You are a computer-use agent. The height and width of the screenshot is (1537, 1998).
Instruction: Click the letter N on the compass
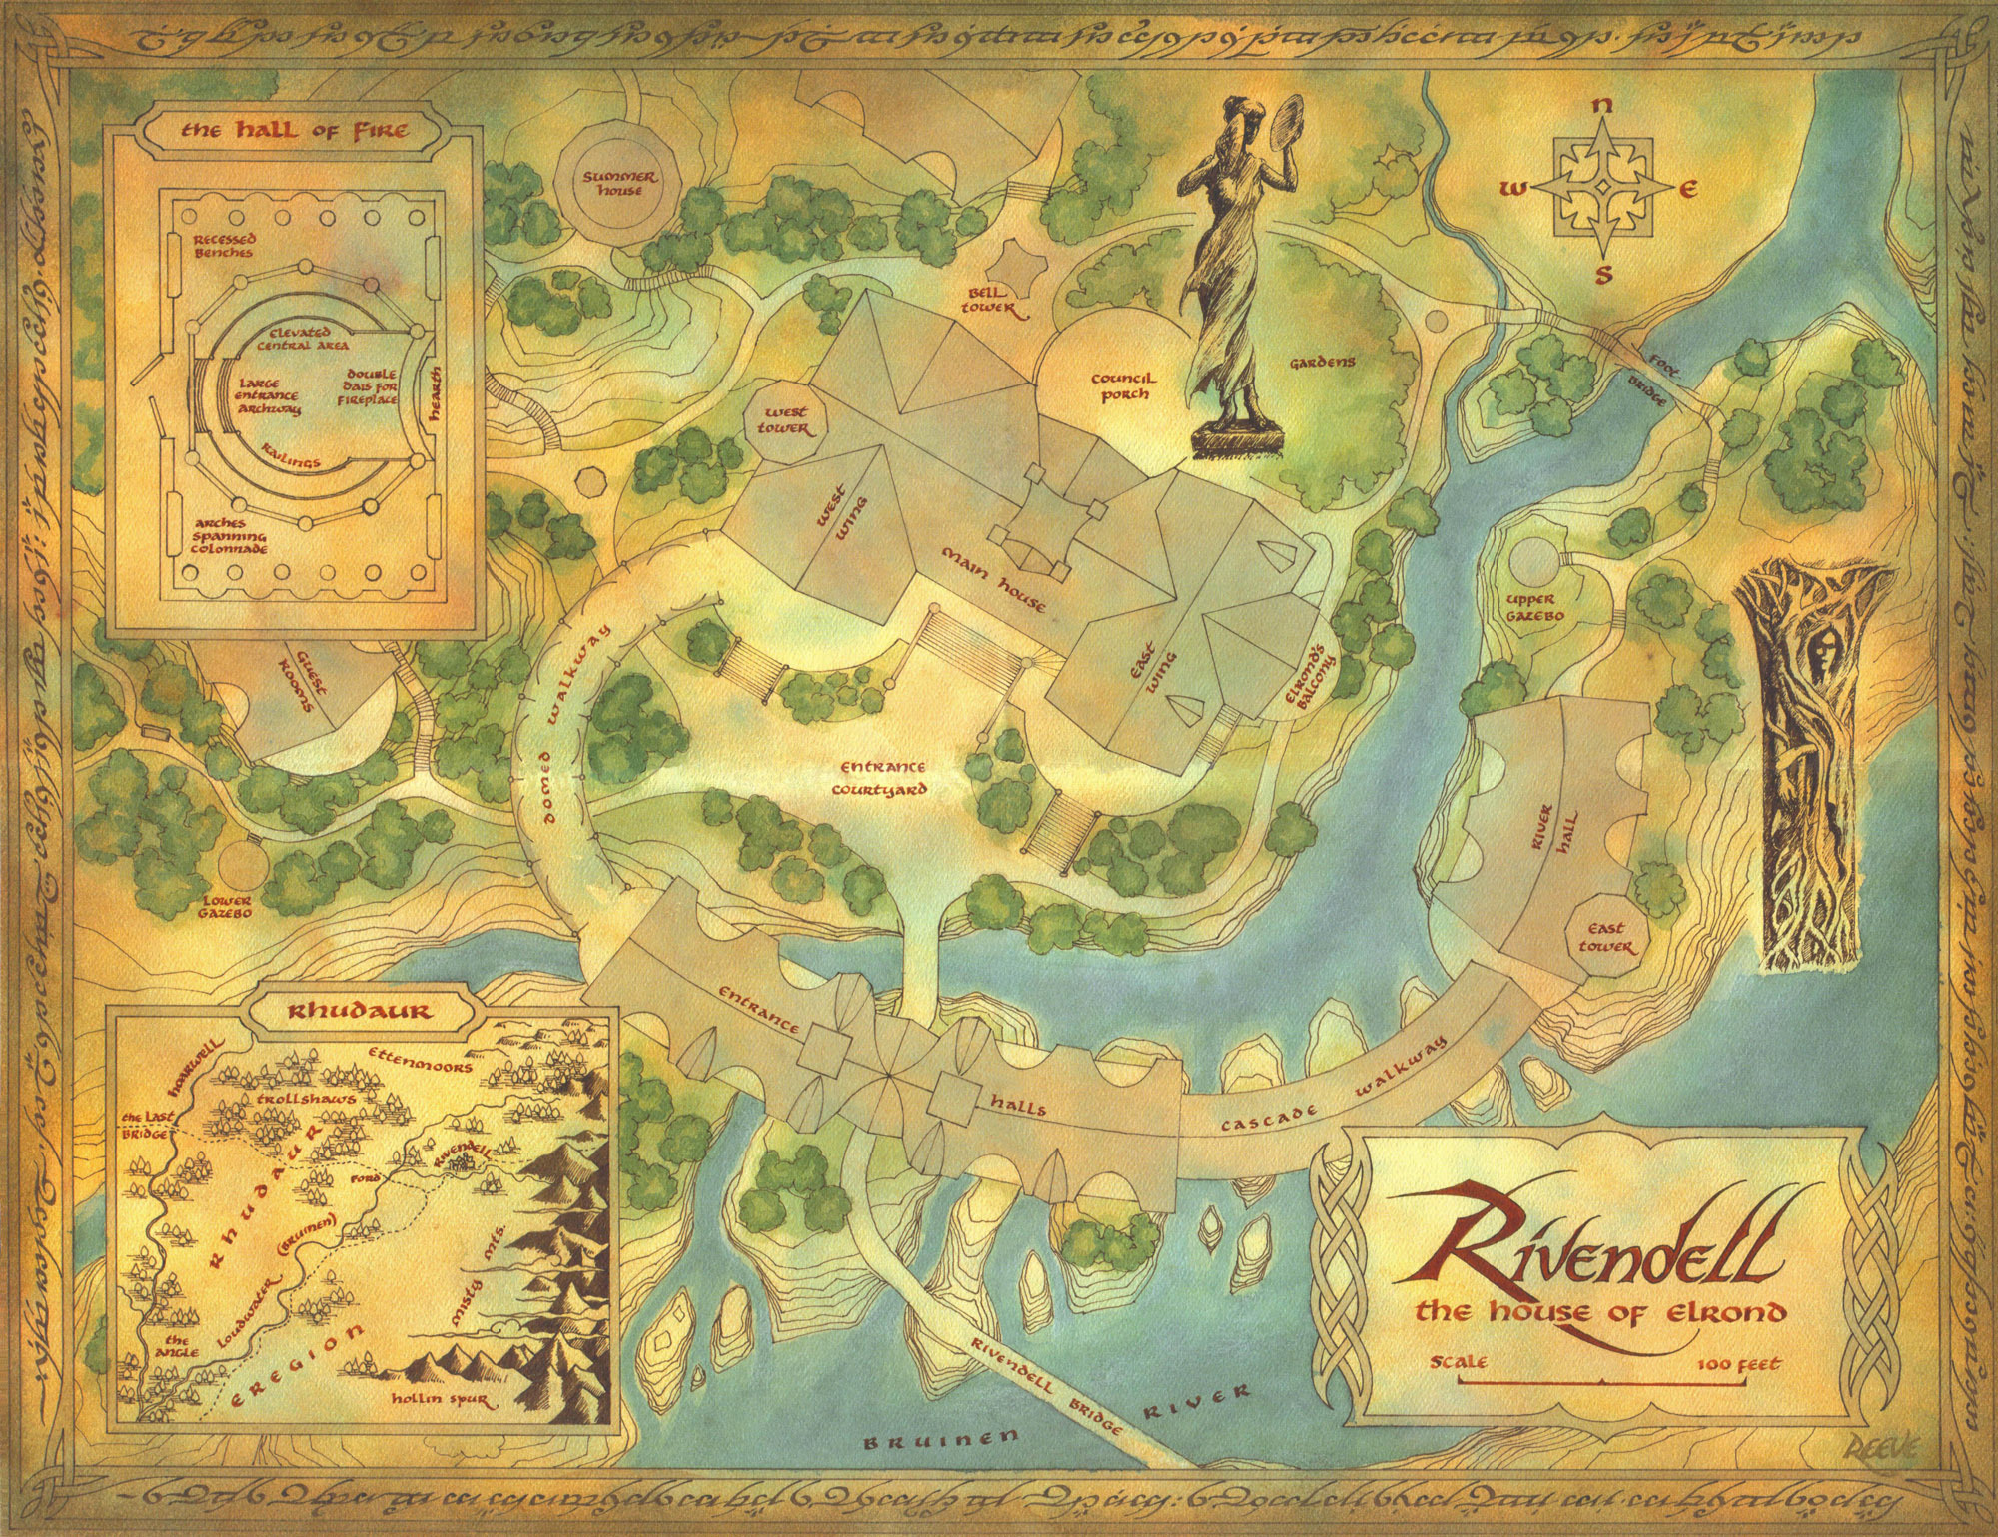1601,107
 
